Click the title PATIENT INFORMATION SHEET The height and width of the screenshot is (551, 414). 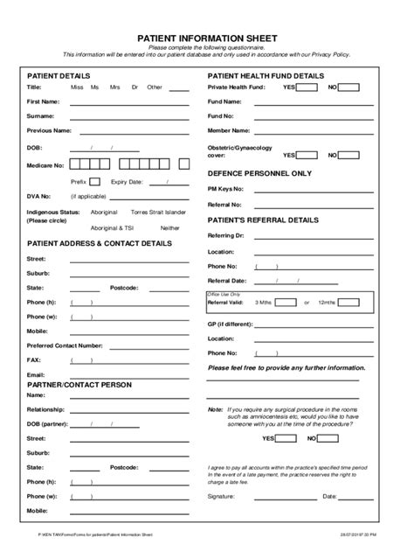coord(207,39)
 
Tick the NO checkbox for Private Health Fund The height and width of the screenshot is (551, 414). coord(348,87)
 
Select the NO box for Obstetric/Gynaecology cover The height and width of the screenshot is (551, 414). coord(348,155)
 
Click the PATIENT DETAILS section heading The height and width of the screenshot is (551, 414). coord(59,76)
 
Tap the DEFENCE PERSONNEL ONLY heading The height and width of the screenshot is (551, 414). coord(259,173)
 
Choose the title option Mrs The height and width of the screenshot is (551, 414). coord(114,87)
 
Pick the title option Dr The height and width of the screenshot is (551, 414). coord(135,87)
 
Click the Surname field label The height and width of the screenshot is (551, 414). coord(41,115)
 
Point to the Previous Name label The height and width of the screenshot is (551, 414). coord(49,129)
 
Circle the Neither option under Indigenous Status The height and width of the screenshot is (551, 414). coord(169,227)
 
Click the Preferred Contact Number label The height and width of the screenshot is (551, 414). coord(65,345)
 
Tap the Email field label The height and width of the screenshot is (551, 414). coord(36,374)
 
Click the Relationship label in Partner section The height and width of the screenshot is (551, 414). coord(45,409)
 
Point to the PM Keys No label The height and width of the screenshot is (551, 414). coord(224,189)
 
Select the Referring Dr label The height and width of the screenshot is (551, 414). coord(225,236)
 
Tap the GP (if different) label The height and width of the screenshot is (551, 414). coord(230,324)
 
